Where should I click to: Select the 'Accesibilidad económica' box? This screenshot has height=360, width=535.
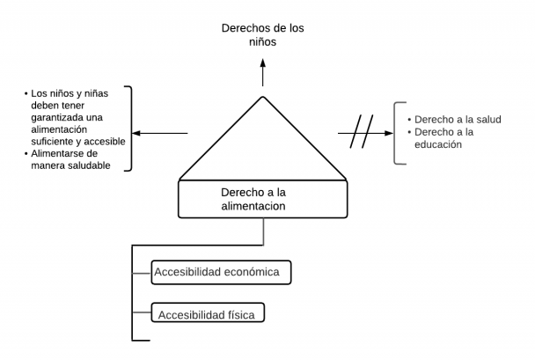click(x=220, y=272)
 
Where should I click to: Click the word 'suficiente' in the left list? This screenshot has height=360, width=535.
click(x=55, y=141)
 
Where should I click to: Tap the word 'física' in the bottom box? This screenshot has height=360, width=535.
click(x=242, y=312)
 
